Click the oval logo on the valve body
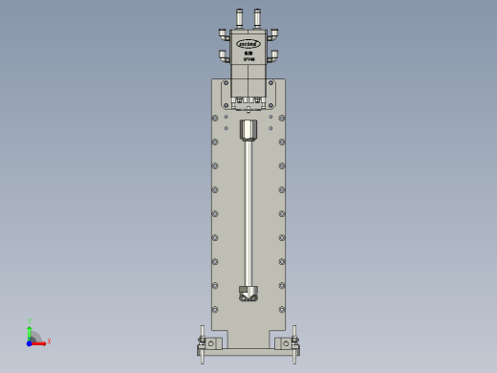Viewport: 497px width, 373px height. point(248,44)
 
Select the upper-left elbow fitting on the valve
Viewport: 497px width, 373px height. point(224,34)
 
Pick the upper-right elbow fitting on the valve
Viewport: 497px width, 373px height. point(273,34)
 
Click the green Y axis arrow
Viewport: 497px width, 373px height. point(30,330)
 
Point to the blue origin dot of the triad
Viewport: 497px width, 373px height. point(30,340)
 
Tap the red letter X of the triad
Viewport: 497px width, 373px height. point(49,340)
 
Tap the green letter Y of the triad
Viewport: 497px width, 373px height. point(30,321)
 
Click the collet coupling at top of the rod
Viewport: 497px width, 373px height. point(248,129)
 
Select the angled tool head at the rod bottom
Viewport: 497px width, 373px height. point(248,294)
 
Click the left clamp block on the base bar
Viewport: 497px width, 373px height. point(212,343)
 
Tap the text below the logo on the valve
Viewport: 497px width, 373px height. point(248,56)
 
